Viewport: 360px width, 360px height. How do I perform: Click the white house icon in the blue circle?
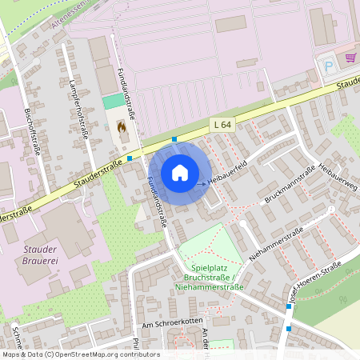tap(180, 173)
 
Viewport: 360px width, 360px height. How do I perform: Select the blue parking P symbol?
tap(327, 66)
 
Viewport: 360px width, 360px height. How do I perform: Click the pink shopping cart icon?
tap(350, 58)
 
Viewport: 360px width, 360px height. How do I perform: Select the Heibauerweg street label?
tap(337, 180)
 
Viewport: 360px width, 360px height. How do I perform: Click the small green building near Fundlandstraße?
tap(114, 102)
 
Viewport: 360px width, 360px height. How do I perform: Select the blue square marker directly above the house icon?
tap(174, 140)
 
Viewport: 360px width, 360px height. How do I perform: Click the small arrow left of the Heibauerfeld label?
tap(201, 184)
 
